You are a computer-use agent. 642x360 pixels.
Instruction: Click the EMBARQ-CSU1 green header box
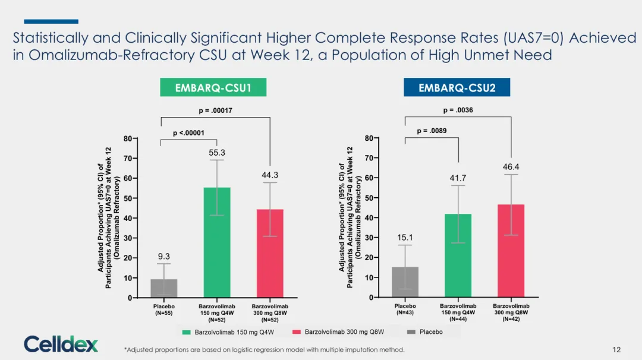tap(213, 87)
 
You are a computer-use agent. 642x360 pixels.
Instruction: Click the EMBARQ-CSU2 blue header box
tap(457, 87)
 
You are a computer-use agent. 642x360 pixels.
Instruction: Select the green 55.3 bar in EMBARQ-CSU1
tap(217, 242)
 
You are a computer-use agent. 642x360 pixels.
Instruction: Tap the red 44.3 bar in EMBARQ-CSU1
tap(270, 254)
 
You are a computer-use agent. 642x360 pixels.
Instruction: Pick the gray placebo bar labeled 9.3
tap(164, 288)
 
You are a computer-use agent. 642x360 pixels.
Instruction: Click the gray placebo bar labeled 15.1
tap(405, 282)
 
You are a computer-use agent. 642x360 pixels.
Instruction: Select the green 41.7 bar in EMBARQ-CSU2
tap(458, 255)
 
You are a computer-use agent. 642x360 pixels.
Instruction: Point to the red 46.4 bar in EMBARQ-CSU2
tap(511, 251)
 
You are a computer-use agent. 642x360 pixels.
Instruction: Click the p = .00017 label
tap(215, 110)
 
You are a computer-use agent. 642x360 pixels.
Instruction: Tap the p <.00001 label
tap(188, 133)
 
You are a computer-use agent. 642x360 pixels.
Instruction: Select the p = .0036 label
tap(458, 110)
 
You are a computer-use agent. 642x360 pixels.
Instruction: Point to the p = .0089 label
tap(432, 131)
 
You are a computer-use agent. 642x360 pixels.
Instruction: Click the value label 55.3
tap(217, 153)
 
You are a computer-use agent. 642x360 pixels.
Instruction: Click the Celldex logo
tap(61, 344)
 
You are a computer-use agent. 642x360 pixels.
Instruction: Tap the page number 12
tap(616, 350)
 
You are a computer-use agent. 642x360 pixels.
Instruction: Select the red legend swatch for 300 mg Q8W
tap(297, 331)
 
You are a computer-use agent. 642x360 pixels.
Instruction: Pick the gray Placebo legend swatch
tap(411, 331)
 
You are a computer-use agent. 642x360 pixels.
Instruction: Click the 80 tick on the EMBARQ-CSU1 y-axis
tap(128, 138)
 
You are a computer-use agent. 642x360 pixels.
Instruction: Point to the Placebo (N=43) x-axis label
tap(405, 310)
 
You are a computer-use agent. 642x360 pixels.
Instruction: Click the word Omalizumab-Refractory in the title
tap(111, 55)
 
